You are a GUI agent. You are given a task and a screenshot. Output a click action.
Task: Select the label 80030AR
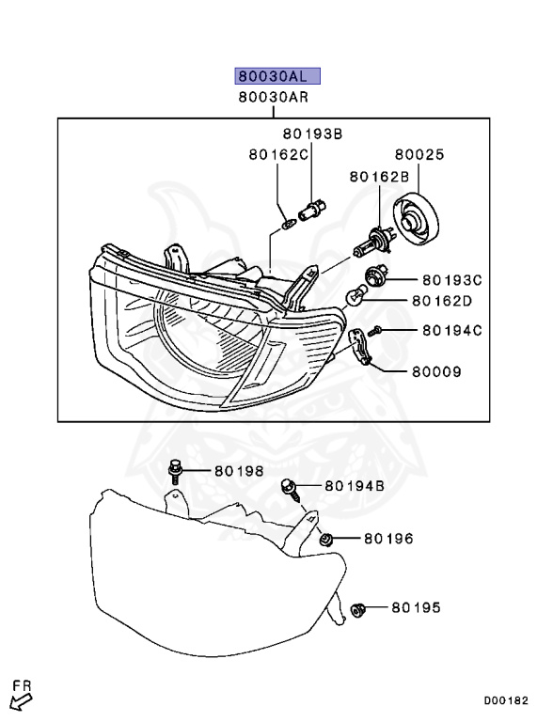(274, 98)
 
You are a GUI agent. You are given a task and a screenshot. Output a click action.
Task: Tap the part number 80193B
(312, 133)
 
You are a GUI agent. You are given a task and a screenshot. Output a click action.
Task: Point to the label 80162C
(278, 154)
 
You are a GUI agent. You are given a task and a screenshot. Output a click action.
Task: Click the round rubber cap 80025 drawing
(416, 220)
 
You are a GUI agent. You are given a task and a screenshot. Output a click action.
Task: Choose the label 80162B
(379, 177)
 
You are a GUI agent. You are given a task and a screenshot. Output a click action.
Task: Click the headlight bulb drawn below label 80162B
(372, 241)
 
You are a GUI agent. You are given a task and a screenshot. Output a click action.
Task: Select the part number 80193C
(452, 279)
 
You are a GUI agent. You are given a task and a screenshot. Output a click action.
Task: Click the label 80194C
(452, 330)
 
